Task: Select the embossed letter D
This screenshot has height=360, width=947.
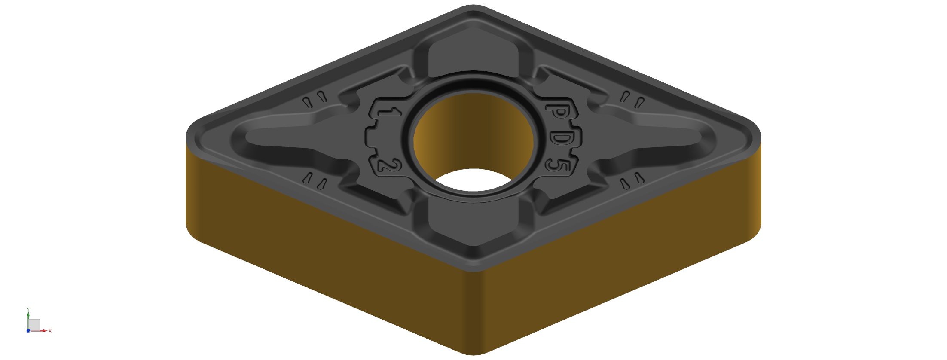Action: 562,138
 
